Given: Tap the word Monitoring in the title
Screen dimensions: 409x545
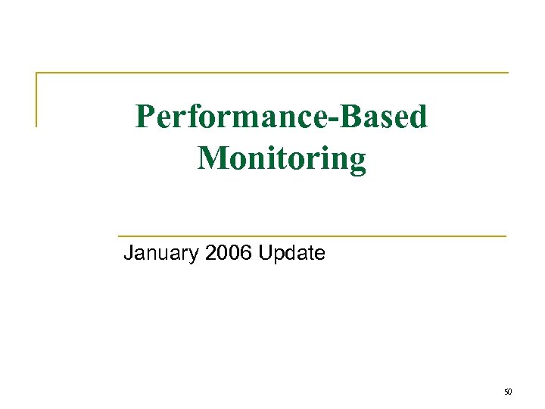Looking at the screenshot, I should pos(282,159).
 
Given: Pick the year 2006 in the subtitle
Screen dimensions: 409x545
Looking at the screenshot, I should pos(229,253).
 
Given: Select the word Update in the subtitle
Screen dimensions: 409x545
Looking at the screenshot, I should pos(291,253).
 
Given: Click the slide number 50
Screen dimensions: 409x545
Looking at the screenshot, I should pos(508,392).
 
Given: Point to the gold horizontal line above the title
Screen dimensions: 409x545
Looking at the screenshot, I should pos(272,73).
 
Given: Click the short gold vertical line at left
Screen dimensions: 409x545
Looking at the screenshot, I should pos(36,99).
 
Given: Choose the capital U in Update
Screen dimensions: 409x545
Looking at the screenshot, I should pos(265,253).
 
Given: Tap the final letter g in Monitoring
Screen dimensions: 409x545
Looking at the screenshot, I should pos(357,162).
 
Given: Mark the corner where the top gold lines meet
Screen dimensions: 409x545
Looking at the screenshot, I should pos(36,73).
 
